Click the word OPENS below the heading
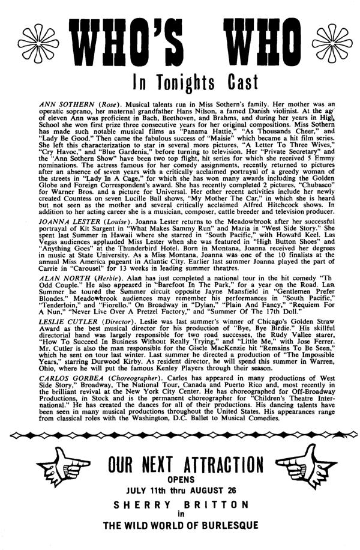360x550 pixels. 181,482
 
